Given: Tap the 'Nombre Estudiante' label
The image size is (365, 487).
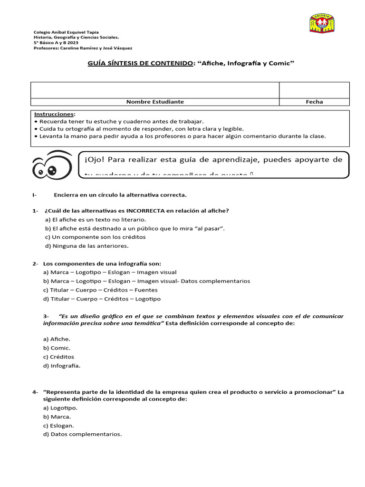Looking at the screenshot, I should point(155,102).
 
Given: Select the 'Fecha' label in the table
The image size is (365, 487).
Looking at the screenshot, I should point(314,102).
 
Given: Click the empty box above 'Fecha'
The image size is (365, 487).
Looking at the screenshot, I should point(314,90).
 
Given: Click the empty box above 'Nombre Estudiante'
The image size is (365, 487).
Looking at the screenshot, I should point(155,90).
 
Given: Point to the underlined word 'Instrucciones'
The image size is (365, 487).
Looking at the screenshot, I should point(54,115).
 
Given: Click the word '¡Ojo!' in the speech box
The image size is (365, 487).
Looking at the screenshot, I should point(95,160).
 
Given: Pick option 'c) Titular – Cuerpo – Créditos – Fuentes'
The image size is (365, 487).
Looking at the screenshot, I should point(100,290).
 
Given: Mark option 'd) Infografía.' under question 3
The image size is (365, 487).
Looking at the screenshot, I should point(62,366).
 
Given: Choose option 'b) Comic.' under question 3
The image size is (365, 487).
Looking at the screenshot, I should point(57,348).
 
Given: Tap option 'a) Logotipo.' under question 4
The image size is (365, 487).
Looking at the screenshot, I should point(60,408).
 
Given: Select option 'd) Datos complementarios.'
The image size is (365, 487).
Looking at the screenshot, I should point(83,434).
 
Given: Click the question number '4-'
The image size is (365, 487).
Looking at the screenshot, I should point(36,392).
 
